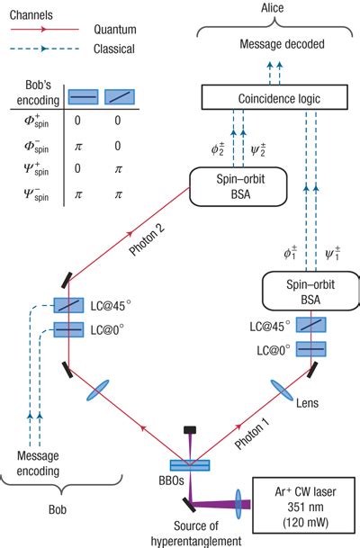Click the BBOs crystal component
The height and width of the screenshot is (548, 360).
tap(190, 465)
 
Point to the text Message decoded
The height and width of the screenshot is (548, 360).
tap(267, 43)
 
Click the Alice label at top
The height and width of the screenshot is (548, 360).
tap(267, 8)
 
